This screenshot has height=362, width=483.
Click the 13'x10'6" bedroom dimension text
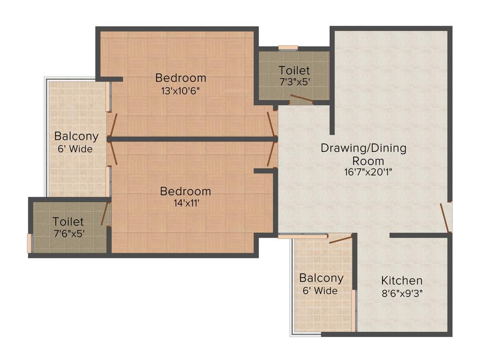coord(181,91)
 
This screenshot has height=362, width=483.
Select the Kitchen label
coord(402,280)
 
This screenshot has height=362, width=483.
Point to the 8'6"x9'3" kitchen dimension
coord(402,293)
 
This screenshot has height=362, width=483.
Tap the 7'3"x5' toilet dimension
coord(294,81)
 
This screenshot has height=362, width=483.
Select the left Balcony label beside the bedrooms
coord(76,136)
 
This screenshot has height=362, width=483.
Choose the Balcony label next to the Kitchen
coord(321,278)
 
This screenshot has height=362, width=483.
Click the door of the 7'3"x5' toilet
coord(301,99)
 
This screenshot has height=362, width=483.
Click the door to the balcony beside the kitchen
coord(341,239)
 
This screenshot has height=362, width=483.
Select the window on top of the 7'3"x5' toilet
coord(288,48)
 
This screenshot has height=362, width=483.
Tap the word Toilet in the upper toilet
coord(294,71)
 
